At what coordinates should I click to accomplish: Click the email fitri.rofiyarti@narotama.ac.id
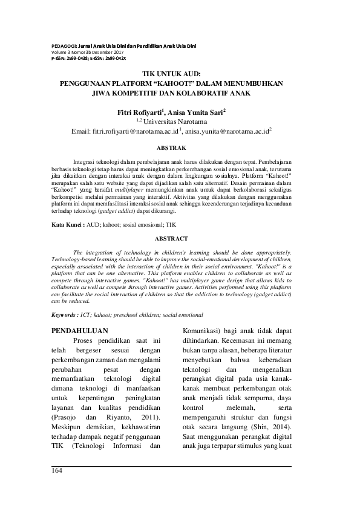click(125, 130)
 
